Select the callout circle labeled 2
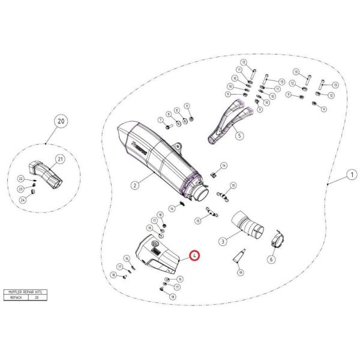[134, 185]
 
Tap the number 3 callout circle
[222, 241]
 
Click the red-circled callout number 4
[194, 256]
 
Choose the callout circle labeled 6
[271, 260]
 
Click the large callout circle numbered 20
[59, 122]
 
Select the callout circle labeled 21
[61, 159]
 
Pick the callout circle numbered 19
[240, 273]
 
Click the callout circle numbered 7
[160, 120]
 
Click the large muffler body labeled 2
[159, 156]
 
